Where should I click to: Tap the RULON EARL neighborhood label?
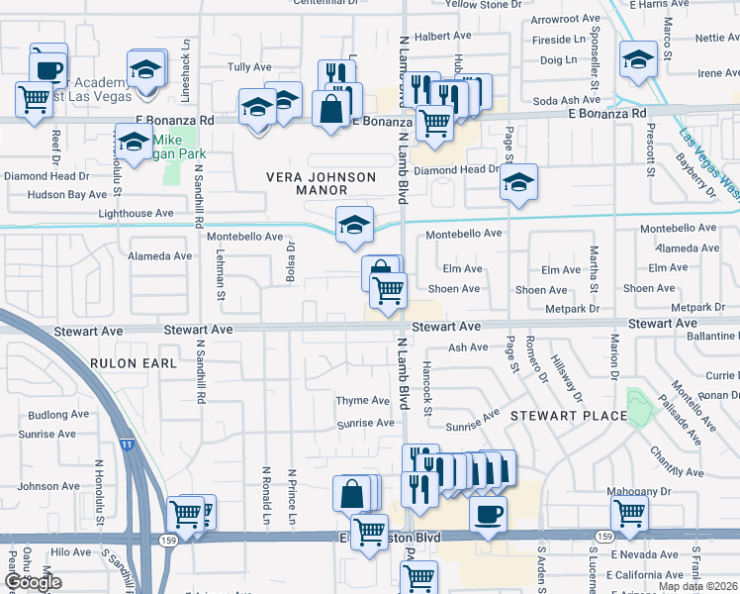pos(134,363)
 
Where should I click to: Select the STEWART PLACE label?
pos(569,416)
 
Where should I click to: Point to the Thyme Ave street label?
pos(363,401)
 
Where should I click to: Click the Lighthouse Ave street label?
pos(137,213)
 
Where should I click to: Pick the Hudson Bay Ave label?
pos(41,195)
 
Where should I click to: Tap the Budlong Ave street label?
pos(59,415)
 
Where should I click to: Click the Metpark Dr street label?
pos(572,309)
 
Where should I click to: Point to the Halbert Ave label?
pos(438,36)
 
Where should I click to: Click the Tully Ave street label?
pos(249,67)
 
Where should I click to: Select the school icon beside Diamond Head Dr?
pos(518,182)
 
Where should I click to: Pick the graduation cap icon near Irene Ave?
pos(638,58)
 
